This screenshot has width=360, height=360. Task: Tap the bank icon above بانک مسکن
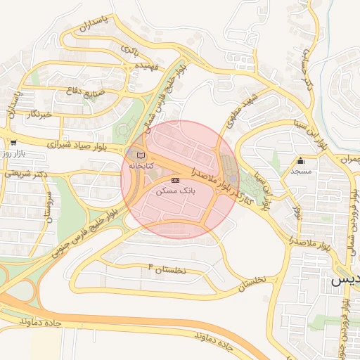tap(175, 180)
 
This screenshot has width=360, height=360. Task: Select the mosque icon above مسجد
tap(301, 160)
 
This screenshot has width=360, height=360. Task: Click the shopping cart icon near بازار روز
tap(13, 142)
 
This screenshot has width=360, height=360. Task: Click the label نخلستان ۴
tap(167, 269)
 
